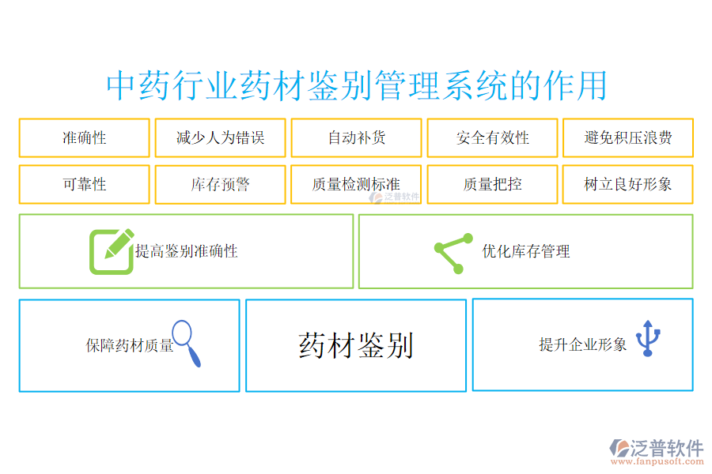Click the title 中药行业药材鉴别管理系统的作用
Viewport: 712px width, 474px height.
[x=357, y=85]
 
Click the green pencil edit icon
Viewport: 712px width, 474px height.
[x=112, y=251]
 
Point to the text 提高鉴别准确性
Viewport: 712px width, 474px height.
[x=186, y=251]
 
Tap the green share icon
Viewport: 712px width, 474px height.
[x=453, y=253]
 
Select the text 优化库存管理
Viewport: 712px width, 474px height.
[x=526, y=251]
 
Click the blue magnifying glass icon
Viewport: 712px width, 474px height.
[x=187, y=343]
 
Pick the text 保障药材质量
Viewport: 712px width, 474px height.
[x=130, y=345]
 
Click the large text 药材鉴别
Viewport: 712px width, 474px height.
[x=356, y=346]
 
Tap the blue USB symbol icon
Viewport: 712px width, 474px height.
[x=648, y=338]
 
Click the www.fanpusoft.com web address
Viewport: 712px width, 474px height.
[x=657, y=461]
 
